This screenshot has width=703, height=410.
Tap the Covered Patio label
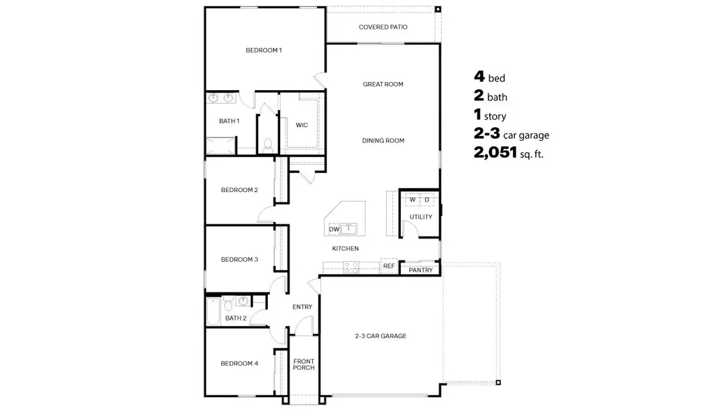(x=383, y=27)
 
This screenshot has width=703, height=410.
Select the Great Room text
(x=383, y=85)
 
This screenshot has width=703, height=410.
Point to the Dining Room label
(x=383, y=141)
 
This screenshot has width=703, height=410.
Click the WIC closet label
(x=301, y=126)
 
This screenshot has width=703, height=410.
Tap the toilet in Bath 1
(x=268, y=145)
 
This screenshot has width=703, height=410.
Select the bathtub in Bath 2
(x=213, y=312)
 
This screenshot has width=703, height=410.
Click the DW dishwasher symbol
(x=334, y=229)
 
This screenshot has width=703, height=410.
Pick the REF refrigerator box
(x=389, y=266)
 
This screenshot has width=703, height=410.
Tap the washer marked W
(x=413, y=200)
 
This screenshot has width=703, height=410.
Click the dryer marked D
(x=427, y=200)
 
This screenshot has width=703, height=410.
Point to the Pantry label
(x=420, y=271)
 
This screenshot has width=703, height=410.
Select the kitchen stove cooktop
(x=350, y=266)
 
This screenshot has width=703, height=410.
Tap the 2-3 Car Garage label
(x=381, y=336)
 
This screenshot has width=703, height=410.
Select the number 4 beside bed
(x=479, y=78)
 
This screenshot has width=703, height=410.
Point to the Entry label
(x=302, y=307)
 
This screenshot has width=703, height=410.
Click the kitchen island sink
(x=349, y=228)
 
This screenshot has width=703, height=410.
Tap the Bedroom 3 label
(x=239, y=260)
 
